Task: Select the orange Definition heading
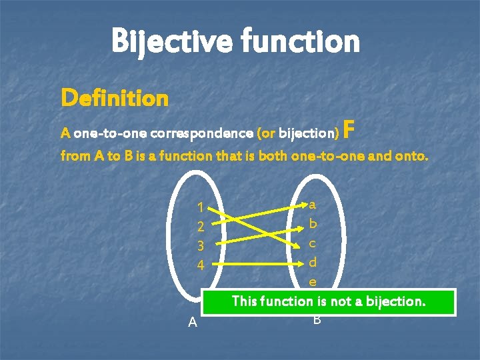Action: (114, 99)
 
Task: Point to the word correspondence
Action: (202, 133)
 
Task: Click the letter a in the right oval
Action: (313, 203)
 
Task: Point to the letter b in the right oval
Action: (313, 222)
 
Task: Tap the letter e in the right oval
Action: (313, 281)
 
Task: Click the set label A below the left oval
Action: (193, 323)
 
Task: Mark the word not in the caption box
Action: (339, 302)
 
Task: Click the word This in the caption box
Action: (245, 302)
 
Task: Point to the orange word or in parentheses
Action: (266, 133)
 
